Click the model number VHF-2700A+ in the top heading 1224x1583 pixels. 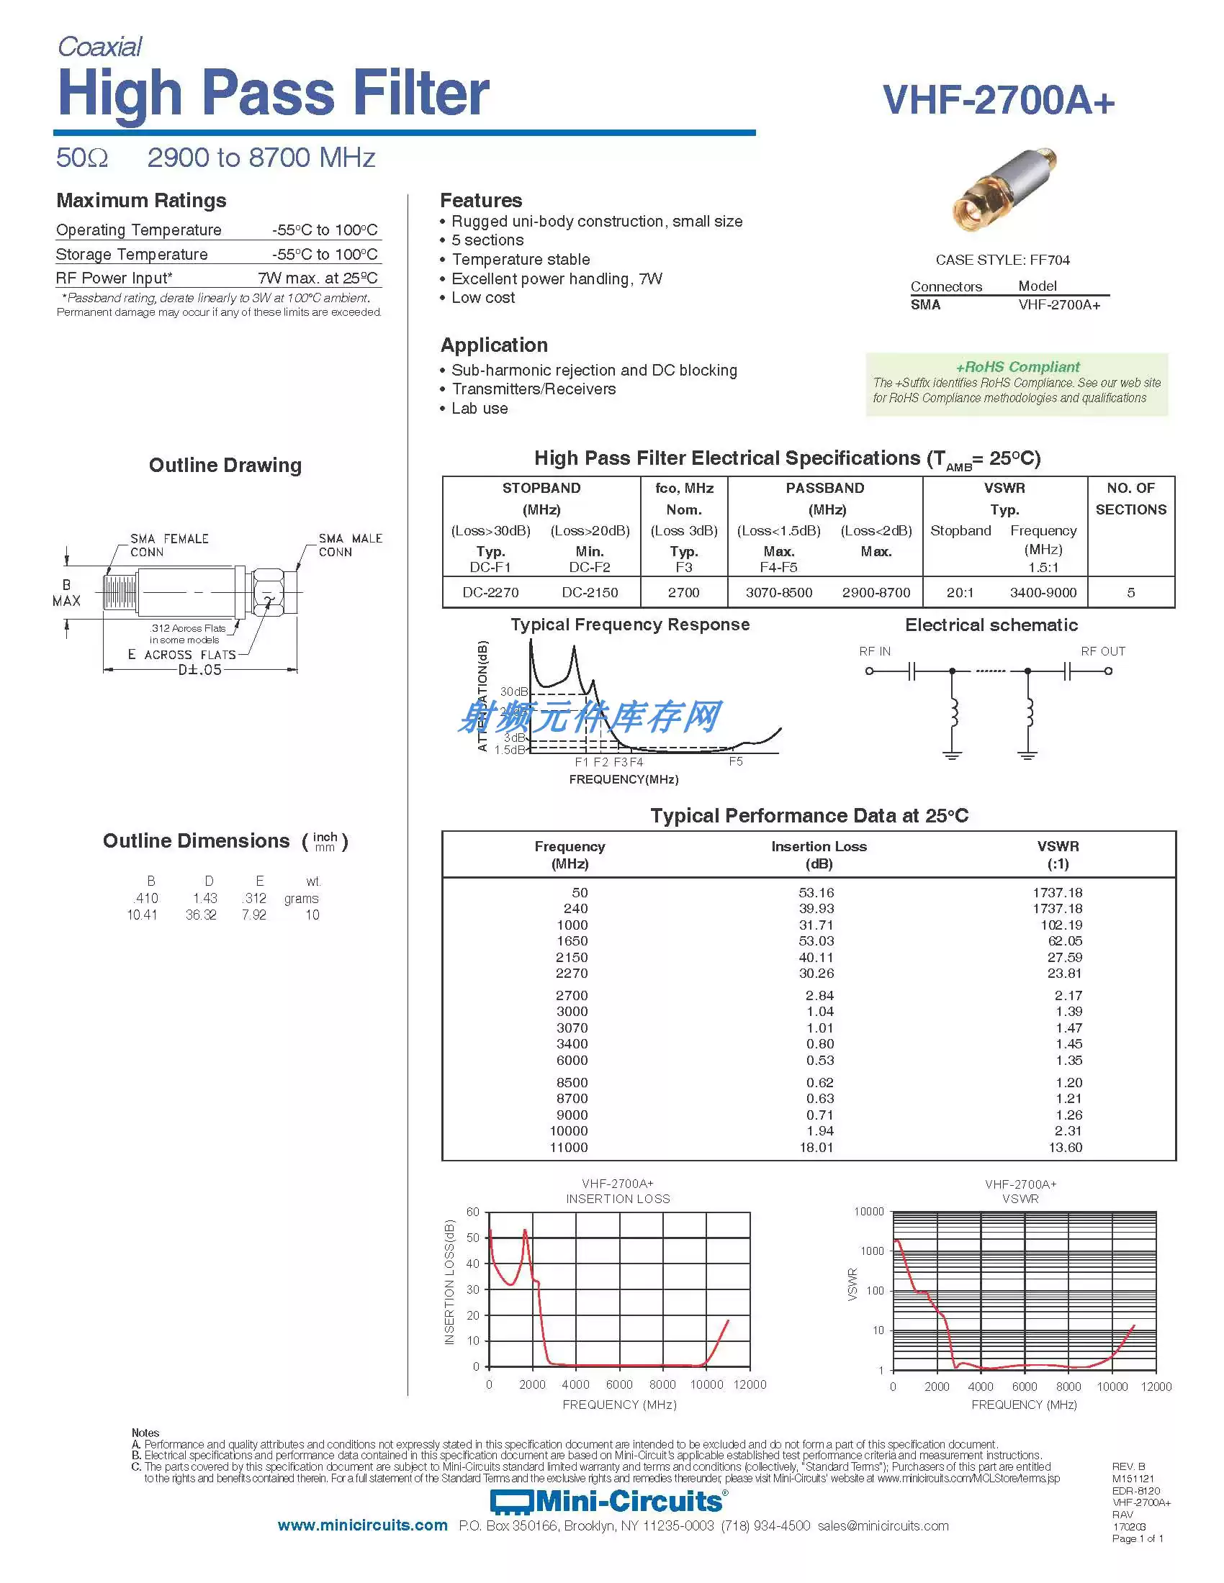tap(998, 100)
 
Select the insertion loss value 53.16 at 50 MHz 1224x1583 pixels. tap(816, 892)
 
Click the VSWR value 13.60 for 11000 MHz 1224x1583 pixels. tap(1064, 1148)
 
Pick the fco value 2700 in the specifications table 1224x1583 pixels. tap(683, 592)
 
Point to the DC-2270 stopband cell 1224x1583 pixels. tap(490, 592)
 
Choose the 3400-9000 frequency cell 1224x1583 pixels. tap(1043, 592)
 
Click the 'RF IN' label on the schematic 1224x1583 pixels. tap(875, 651)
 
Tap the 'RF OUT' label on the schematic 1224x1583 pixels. tap(1102, 651)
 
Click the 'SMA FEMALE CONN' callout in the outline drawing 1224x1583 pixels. tap(168, 545)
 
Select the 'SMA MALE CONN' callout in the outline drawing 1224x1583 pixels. tap(349, 545)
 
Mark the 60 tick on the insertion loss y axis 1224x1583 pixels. tap(473, 1212)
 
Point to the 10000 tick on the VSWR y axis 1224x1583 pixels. tap(869, 1212)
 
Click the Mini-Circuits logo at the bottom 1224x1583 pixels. tap(609, 1502)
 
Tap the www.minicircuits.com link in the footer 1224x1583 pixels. tap(363, 1525)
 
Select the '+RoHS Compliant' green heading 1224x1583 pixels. tap(1017, 367)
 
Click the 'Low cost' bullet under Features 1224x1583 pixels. tap(483, 298)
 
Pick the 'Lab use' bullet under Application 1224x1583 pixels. tap(480, 409)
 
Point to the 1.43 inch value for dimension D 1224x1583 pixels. tap(205, 898)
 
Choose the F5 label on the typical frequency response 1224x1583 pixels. tap(735, 762)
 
